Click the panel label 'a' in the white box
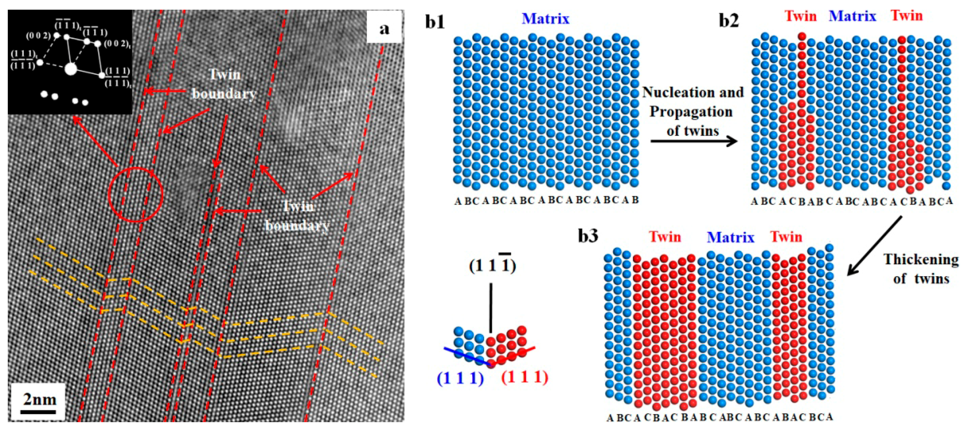pos(384,29)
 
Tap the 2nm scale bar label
pos(39,400)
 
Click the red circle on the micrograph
pos(135,195)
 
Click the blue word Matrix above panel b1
pos(545,19)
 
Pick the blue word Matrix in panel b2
pos(852,16)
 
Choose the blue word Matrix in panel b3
pos(730,237)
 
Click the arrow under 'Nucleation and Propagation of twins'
pos(694,142)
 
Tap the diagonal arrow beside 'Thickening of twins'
pos(875,246)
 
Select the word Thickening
pos(921,260)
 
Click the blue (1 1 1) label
pos(460,378)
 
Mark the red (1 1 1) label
pos(524,377)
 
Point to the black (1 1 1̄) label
pos(492,265)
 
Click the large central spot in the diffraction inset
pos(71,69)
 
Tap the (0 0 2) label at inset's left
pos(38,36)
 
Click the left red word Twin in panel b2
pos(801,16)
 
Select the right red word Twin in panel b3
pos(787,237)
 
